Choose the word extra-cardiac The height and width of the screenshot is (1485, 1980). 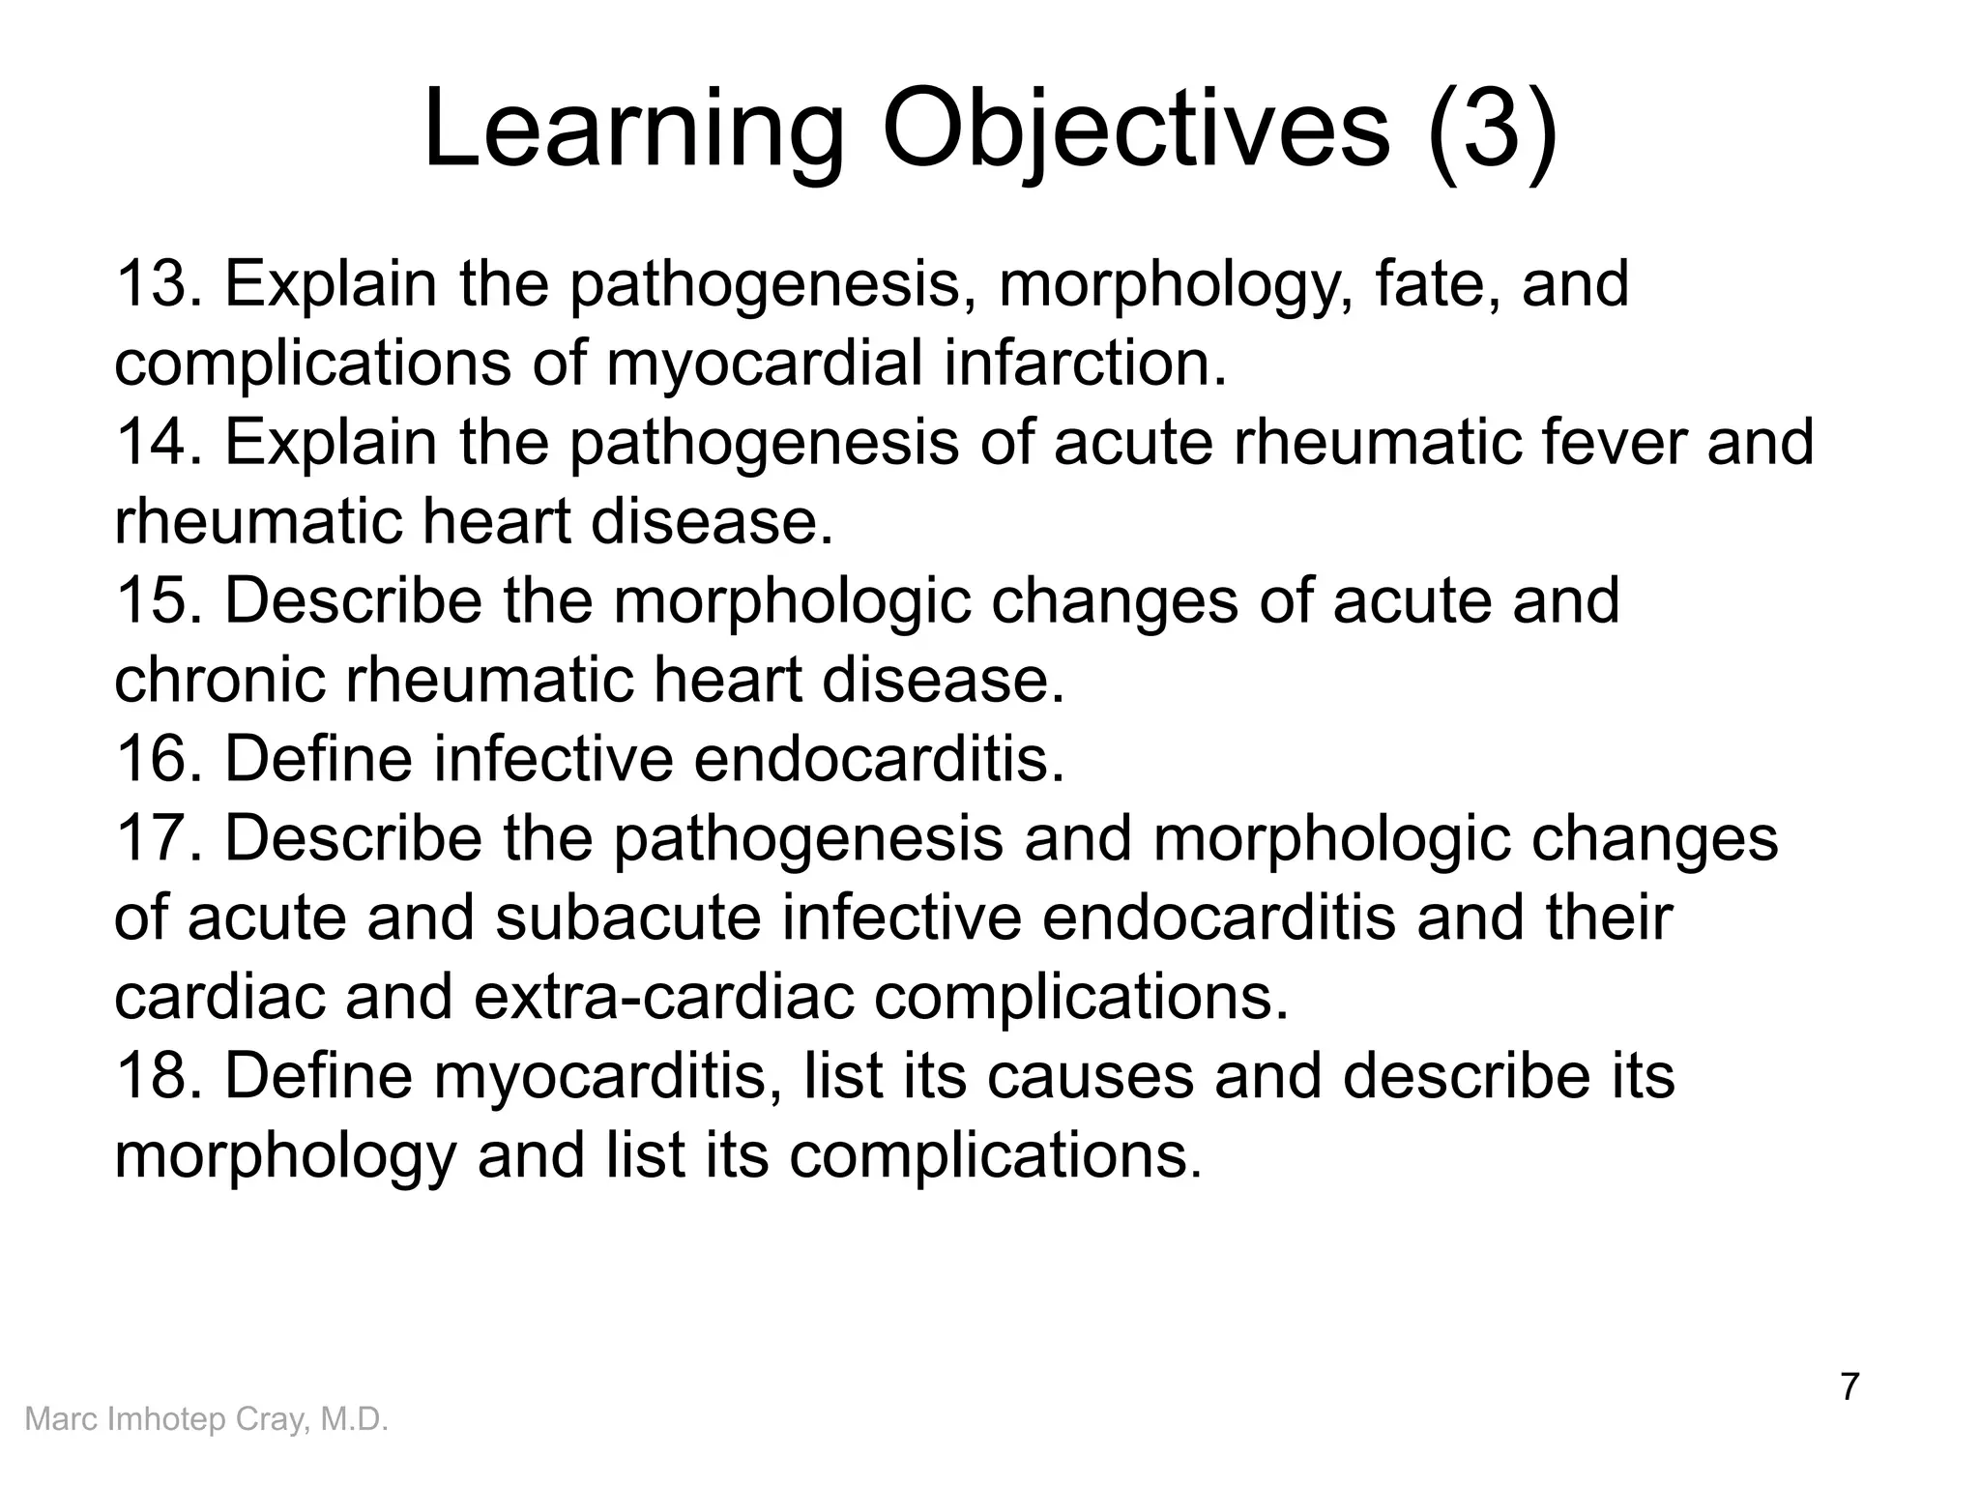(663, 997)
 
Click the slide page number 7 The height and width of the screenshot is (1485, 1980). (1849, 1386)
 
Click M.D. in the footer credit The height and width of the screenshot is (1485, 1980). (354, 1419)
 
